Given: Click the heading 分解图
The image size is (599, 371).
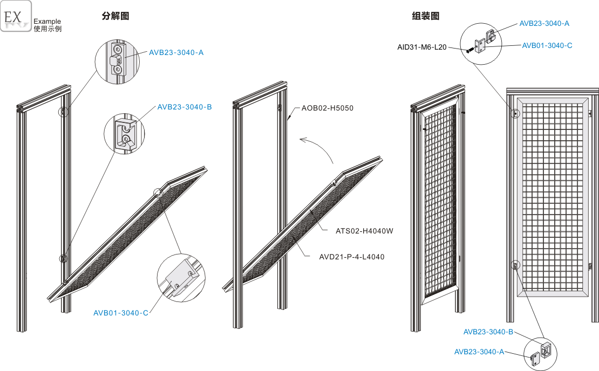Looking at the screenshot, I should [115, 16].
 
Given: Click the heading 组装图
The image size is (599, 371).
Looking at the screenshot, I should [425, 16].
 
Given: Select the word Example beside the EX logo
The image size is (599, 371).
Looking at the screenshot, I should [47, 22].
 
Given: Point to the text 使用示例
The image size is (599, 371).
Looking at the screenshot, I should [47, 29].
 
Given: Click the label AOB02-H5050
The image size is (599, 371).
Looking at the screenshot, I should [327, 108].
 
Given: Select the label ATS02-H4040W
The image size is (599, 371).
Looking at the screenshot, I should [364, 231].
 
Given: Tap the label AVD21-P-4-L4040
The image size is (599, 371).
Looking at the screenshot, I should [352, 257].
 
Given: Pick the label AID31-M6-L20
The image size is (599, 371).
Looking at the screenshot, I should [422, 47].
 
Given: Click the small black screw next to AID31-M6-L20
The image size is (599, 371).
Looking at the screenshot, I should [468, 50].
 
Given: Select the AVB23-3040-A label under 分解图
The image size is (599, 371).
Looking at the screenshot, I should [176, 53].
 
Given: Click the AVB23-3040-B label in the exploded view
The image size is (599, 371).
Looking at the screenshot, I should [185, 107].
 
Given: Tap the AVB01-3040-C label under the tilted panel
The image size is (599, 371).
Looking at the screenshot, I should [120, 313].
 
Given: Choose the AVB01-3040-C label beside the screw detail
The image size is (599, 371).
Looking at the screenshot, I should [547, 46].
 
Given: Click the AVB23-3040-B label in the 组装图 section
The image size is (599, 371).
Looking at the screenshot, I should [488, 332].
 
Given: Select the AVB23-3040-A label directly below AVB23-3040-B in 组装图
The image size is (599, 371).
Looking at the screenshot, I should [479, 352].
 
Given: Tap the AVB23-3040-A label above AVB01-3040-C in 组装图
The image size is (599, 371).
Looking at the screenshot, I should [544, 24].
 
